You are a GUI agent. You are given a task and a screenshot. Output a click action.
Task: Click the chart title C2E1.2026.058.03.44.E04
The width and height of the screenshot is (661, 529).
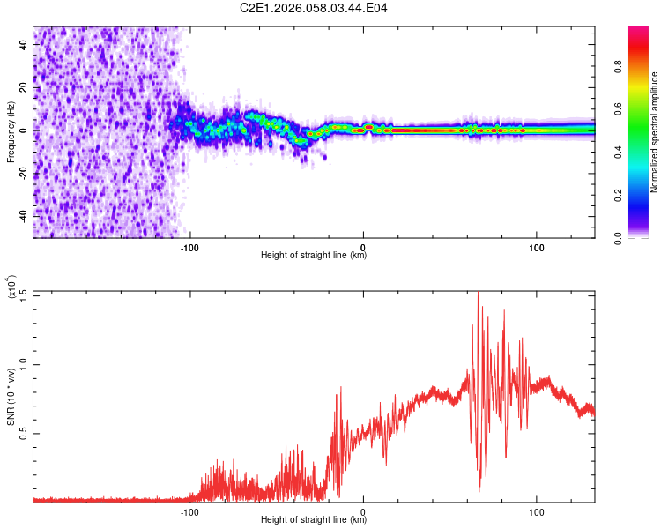click(x=314, y=8)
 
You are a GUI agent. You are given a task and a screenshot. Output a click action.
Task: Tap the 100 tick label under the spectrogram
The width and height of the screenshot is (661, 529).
click(x=537, y=248)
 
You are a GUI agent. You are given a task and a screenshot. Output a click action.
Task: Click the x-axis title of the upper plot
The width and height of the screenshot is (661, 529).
click(x=314, y=257)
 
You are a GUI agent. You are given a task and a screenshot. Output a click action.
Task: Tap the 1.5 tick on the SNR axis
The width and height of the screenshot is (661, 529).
click(x=23, y=293)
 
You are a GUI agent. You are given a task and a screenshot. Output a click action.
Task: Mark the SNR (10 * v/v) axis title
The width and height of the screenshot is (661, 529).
click(x=11, y=397)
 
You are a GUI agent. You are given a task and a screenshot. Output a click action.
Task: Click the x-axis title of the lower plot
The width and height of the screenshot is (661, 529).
click(x=314, y=520)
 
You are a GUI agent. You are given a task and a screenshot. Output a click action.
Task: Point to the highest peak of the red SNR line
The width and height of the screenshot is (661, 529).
click(x=478, y=293)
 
